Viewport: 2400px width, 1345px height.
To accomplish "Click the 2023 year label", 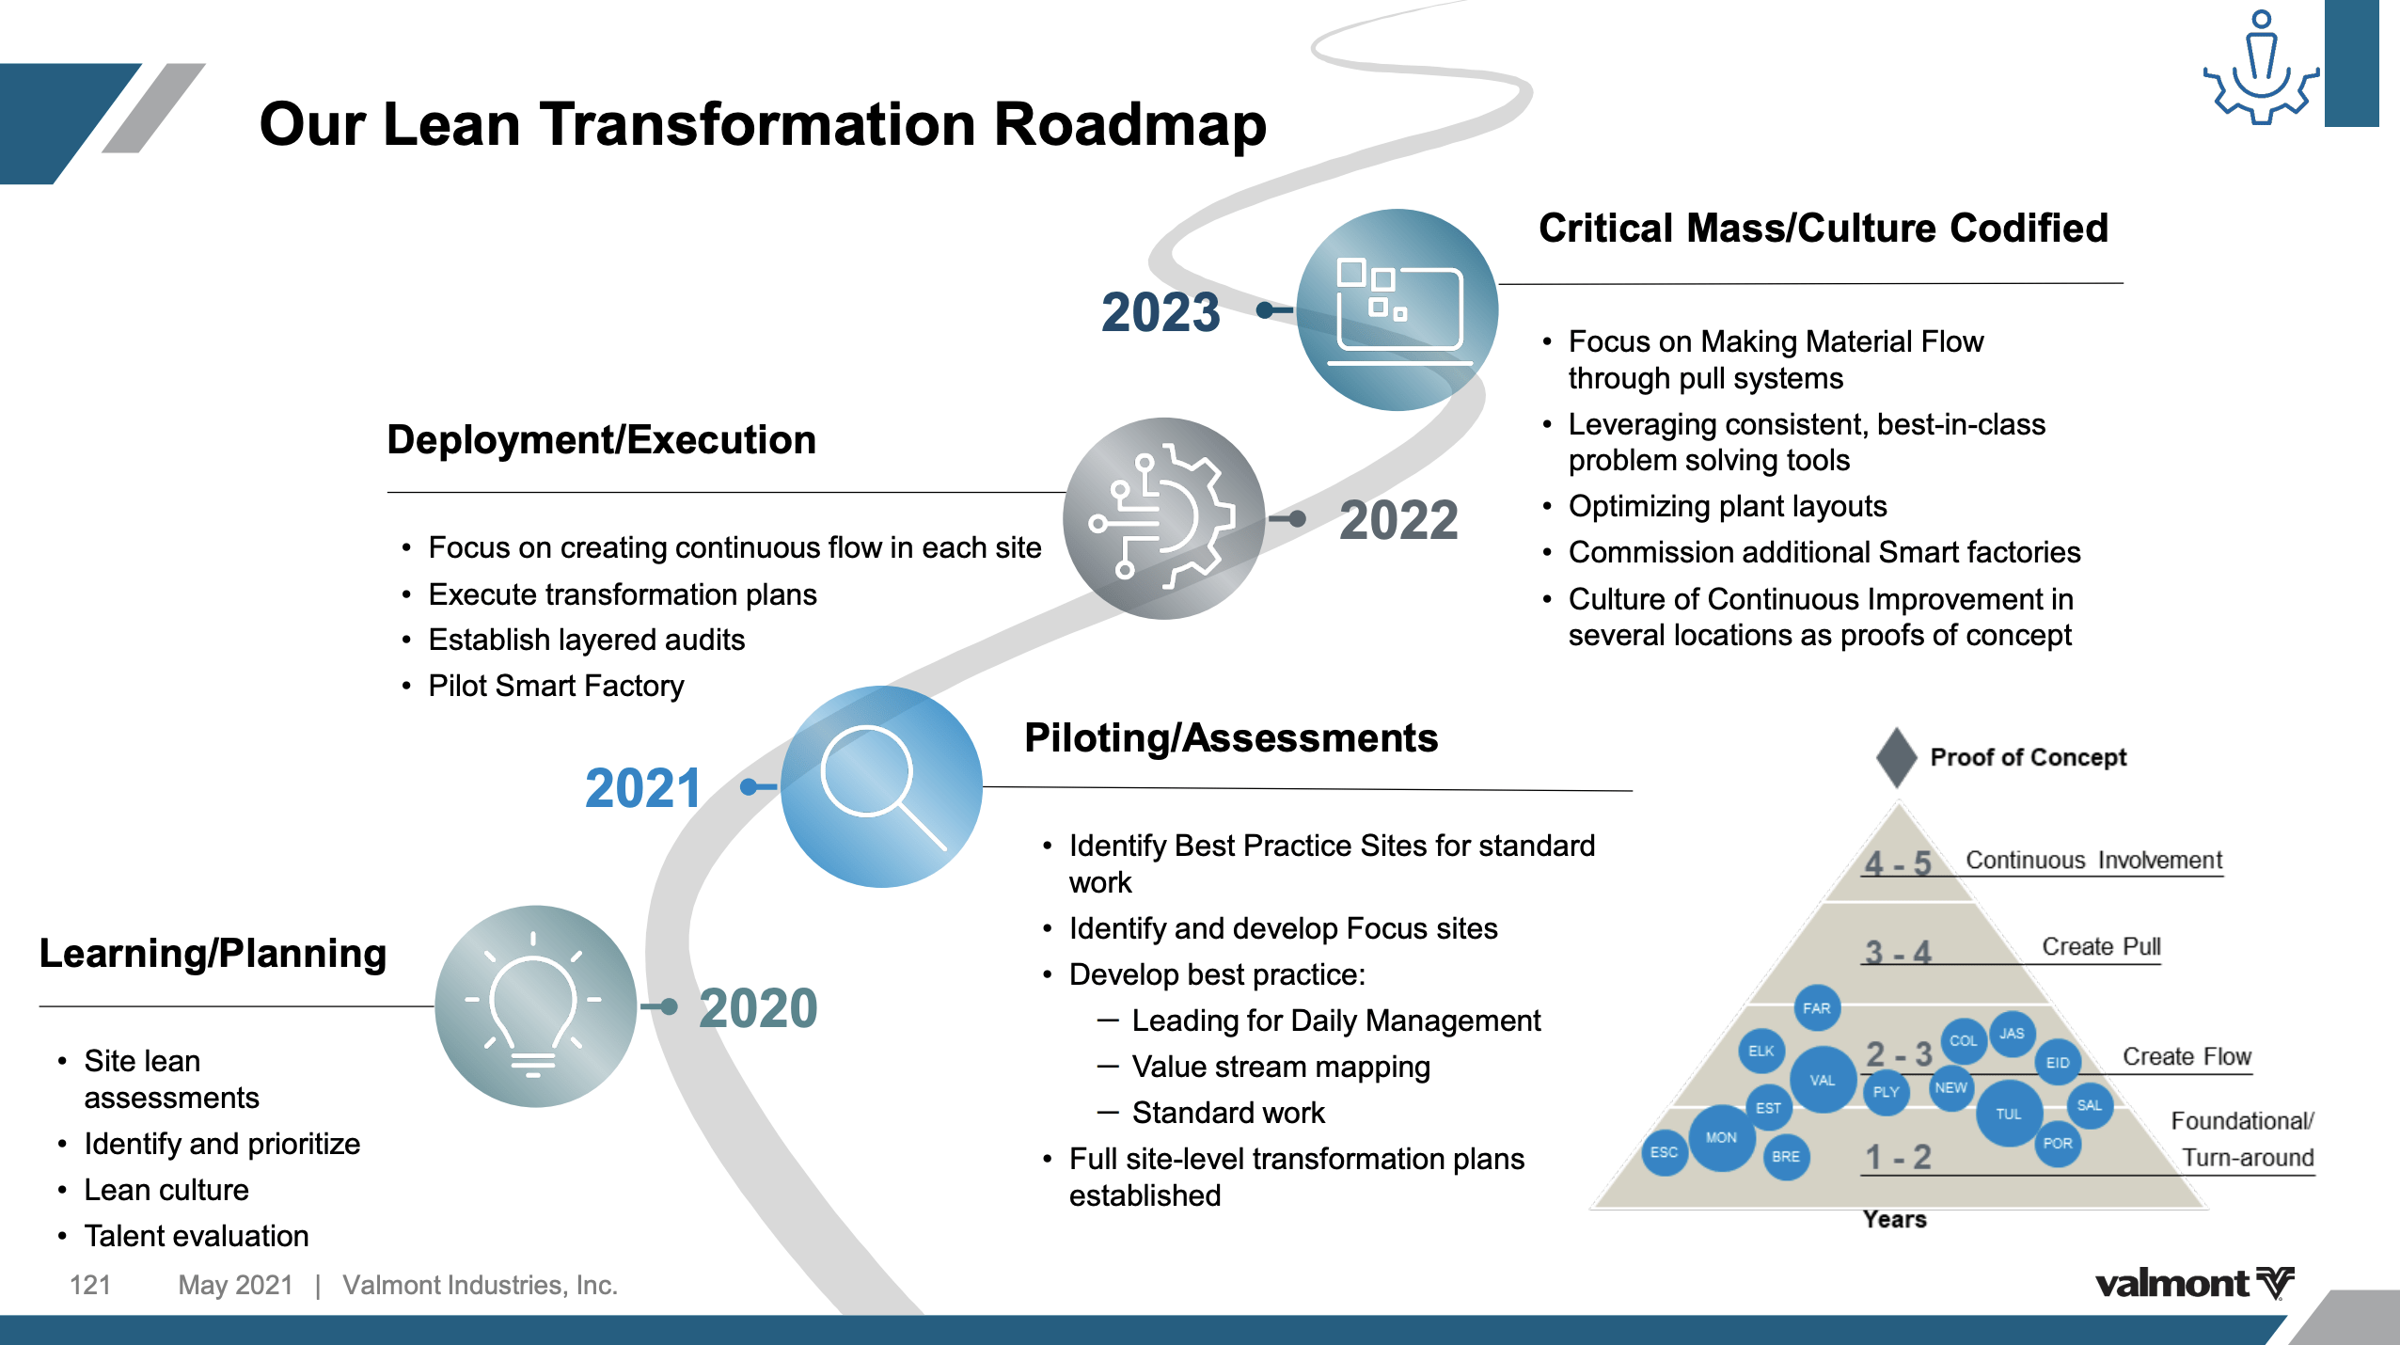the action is (1161, 312).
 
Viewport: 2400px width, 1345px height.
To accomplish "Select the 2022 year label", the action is (1398, 520).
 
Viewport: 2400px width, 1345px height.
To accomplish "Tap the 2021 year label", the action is (643, 788).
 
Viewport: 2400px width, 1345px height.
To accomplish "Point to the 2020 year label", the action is (758, 1008).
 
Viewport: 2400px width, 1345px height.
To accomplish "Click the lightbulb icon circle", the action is (536, 1006).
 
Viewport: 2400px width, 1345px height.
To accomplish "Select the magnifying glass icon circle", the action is (881, 786).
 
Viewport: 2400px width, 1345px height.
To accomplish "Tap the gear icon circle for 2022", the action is (1164, 518).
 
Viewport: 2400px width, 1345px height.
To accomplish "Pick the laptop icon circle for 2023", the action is (1397, 309).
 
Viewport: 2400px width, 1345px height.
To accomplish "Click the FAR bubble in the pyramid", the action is (1817, 1008).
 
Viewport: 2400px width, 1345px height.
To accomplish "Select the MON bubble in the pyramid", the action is (1721, 1138).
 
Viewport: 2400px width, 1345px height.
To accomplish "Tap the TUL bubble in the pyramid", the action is (2009, 1114).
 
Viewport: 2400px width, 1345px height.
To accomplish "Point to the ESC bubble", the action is (1665, 1152).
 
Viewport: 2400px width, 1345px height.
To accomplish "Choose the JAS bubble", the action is (2012, 1034).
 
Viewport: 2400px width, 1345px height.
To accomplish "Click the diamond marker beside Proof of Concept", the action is (1897, 757).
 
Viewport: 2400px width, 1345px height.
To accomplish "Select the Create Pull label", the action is (2101, 946).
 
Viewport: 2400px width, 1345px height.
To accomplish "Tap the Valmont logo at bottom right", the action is (2195, 1284).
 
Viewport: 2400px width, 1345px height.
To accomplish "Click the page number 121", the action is (90, 1285).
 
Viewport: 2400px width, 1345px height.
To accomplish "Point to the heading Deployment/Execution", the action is (602, 440).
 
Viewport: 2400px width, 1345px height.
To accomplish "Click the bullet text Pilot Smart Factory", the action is (556, 686).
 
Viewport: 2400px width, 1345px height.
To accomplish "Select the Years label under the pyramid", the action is (1895, 1219).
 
